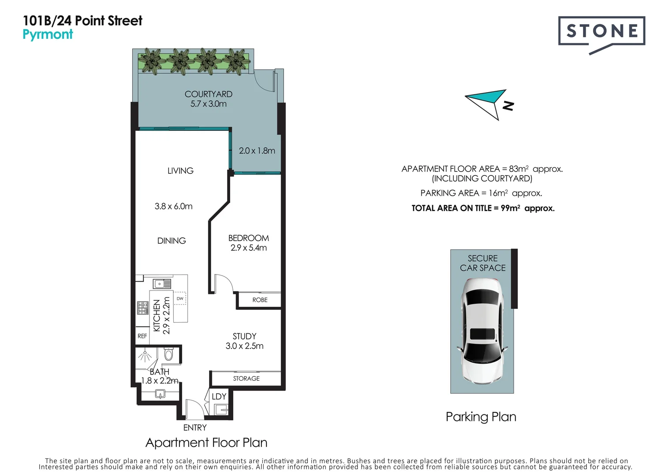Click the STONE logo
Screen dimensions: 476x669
pos(602,32)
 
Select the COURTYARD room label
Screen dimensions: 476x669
pos(208,94)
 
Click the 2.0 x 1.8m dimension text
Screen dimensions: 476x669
pos(257,151)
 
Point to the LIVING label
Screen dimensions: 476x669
pos(180,171)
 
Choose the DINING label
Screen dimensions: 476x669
pos(172,241)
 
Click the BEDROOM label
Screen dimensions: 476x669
pos(248,238)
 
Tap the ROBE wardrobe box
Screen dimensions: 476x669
pos(259,300)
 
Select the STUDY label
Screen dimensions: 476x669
pos(244,336)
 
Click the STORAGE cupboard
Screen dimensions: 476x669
pos(246,378)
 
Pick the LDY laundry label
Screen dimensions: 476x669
pos(219,397)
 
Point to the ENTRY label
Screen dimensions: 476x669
pos(195,428)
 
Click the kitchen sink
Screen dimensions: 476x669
pos(161,283)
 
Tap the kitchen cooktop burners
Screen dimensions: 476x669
pos(142,308)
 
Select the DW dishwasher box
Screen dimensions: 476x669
pos(180,298)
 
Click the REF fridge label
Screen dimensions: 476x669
pos(142,336)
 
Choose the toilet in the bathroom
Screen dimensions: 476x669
pos(168,354)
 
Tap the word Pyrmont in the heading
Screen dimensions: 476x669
pos(48,34)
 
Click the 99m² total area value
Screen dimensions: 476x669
pos(510,208)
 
